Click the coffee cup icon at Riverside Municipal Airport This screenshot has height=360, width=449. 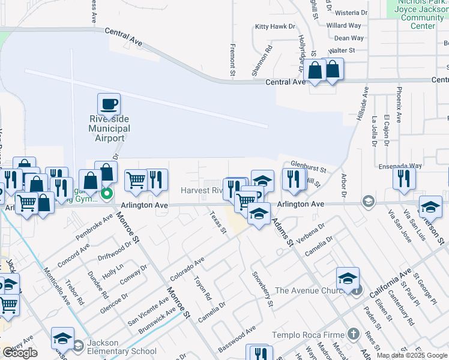(x=109, y=104)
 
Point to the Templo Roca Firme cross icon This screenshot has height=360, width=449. (x=354, y=334)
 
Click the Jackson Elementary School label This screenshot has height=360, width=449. (x=122, y=347)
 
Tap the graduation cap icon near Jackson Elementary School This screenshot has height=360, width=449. (x=62, y=339)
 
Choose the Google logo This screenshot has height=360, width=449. (x=20, y=353)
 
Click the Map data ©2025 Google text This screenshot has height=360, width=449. (x=412, y=355)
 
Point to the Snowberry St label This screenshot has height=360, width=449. (x=263, y=290)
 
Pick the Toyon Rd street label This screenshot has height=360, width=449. (x=203, y=288)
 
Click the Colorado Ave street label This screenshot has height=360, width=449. (x=187, y=268)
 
